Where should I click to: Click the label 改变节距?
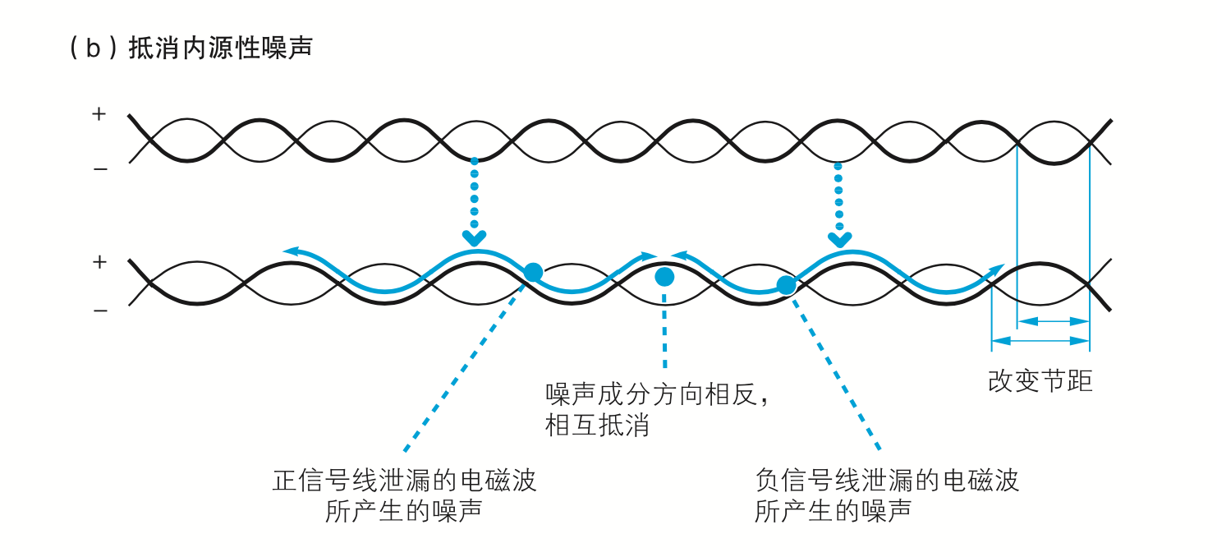pyautogui.click(x=1040, y=381)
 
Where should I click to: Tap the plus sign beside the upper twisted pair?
pyautogui.click(x=99, y=114)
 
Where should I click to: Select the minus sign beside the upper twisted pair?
pyautogui.click(x=99, y=169)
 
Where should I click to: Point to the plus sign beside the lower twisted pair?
pyautogui.click(x=99, y=262)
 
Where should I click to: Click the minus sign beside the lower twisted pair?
pyautogui.click(x=99, y=311)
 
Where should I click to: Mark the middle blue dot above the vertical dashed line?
pyautogui.click(x=664, y=277)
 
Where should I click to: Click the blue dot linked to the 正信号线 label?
pyautogui.click(x=533, y=272)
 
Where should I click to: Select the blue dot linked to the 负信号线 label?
pyautogui.click(x=786, y=285)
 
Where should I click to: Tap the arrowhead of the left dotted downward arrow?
pyautogui.click(x=474, y=237)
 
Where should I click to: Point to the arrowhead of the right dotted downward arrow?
pyautogui.click(x=838, y=239)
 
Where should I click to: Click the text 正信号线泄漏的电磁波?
pyautogui.click(x=404, y=480)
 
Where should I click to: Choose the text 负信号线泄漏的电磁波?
pyautogui.click(x=887, y=480)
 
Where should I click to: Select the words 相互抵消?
pyautogui.click(x=598, y=426)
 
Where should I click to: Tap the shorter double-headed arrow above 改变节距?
pyautogui.click(x=1053, y=320)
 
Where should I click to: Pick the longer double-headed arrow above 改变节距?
pyautogui.click(x=1040, y=339)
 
